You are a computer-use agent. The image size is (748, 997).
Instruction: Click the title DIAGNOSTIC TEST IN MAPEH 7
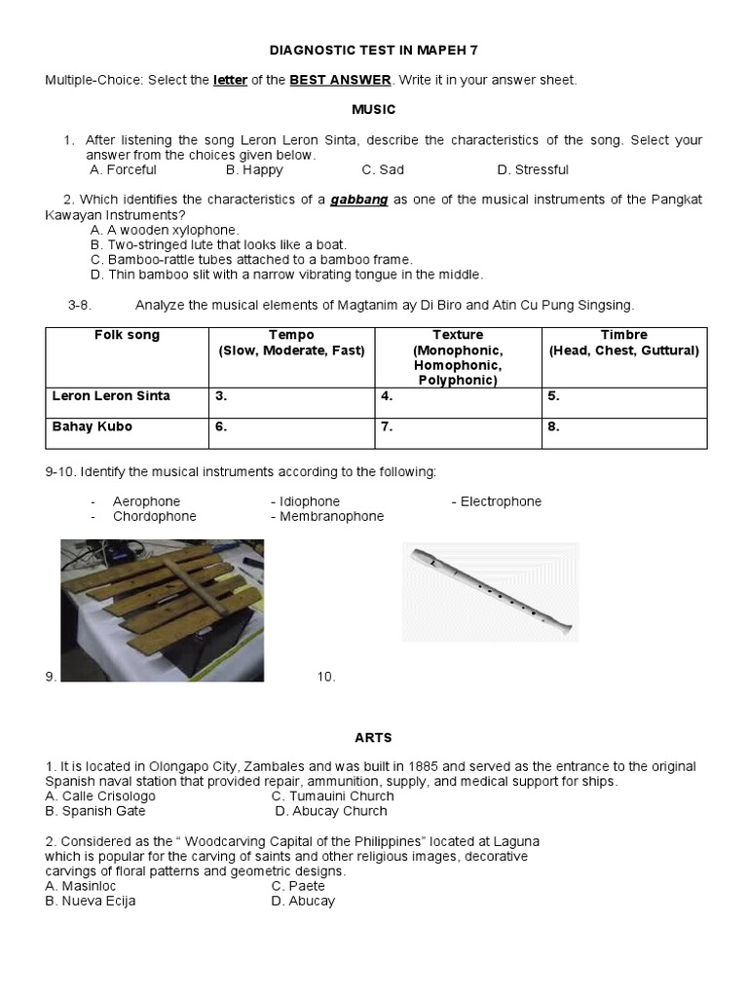(x=374, y=50)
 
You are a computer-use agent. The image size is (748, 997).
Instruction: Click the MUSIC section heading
(x=374, y=110)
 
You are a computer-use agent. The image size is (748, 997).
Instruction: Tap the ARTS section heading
(x=374, y=738)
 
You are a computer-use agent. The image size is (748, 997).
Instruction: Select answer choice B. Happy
(x=254, y=169)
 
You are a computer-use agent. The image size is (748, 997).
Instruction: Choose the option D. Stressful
(x=533, y=169)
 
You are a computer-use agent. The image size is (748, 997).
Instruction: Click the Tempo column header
(x=292, y=335)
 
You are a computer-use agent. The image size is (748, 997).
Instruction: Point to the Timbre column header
(x=624, y=335)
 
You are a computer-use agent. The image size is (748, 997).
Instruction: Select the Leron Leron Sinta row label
(x=111, y=396)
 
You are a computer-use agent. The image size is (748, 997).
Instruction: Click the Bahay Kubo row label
(x=93, y=426)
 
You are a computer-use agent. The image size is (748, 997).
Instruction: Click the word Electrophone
(x=501, y=501)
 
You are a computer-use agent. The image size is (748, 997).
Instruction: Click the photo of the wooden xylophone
(x=162, y=609)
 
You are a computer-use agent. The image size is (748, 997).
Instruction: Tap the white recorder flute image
(x=490, y=592)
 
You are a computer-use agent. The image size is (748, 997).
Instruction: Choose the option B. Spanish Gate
(x=95, y=811)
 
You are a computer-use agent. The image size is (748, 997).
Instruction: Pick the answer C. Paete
(x=298, y=886)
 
